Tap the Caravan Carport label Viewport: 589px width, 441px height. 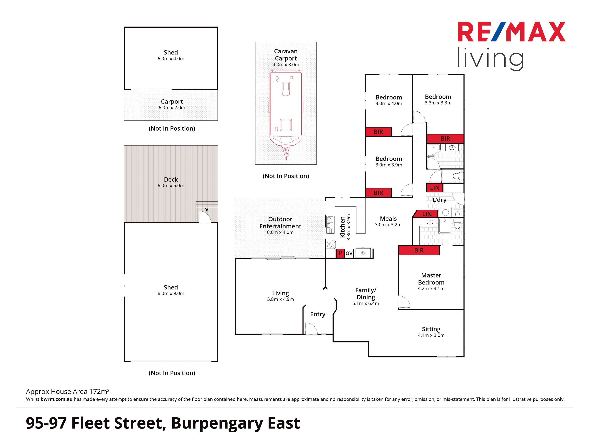[286, 55]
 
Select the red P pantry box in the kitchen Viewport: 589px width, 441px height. [340, 253]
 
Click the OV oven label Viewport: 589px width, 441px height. [349, 253]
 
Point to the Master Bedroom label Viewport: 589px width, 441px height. [431, 279]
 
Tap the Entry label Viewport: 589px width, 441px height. [318, 314]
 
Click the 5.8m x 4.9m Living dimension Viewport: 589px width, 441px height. [280, 299]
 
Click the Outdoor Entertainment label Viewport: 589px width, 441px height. [280, 223]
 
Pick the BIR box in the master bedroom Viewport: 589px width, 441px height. [419, 250]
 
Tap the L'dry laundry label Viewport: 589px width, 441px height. [439, 200]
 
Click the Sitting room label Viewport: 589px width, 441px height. [431, 329]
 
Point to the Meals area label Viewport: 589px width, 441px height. [388, 218]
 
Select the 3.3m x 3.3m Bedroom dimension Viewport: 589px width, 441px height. [438, 103]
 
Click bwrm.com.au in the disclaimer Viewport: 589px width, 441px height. [57, 399]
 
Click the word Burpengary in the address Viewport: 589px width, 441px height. [217, 423]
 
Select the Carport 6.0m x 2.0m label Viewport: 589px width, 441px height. [172, 104]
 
